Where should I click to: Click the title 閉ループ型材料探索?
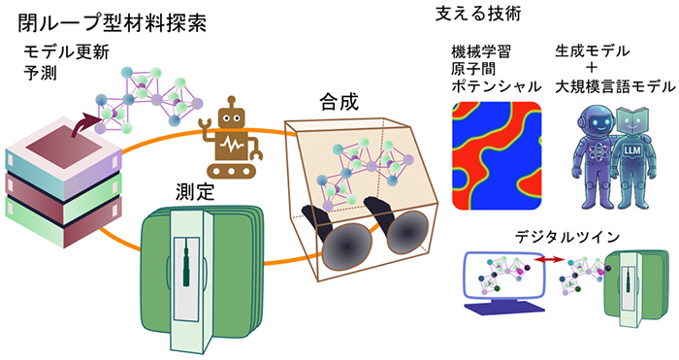tap(112, 22)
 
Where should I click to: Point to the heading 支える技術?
tap(478, 14)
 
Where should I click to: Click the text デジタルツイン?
tap(567, 238)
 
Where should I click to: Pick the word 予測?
tap(40, 73)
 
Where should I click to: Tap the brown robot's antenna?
tap(232, 102)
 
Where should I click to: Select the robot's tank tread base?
tap(231, 171)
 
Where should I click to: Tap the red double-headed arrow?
tap(549, 259)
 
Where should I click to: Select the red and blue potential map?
tap(497, 156)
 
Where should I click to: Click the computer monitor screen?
tap(502, 275)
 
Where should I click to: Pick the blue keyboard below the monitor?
tap(504, 308)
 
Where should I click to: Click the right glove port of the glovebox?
tap(407, 232)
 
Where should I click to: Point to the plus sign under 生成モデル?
tap(591, 68)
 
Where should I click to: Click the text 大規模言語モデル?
tap(615, 86)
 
